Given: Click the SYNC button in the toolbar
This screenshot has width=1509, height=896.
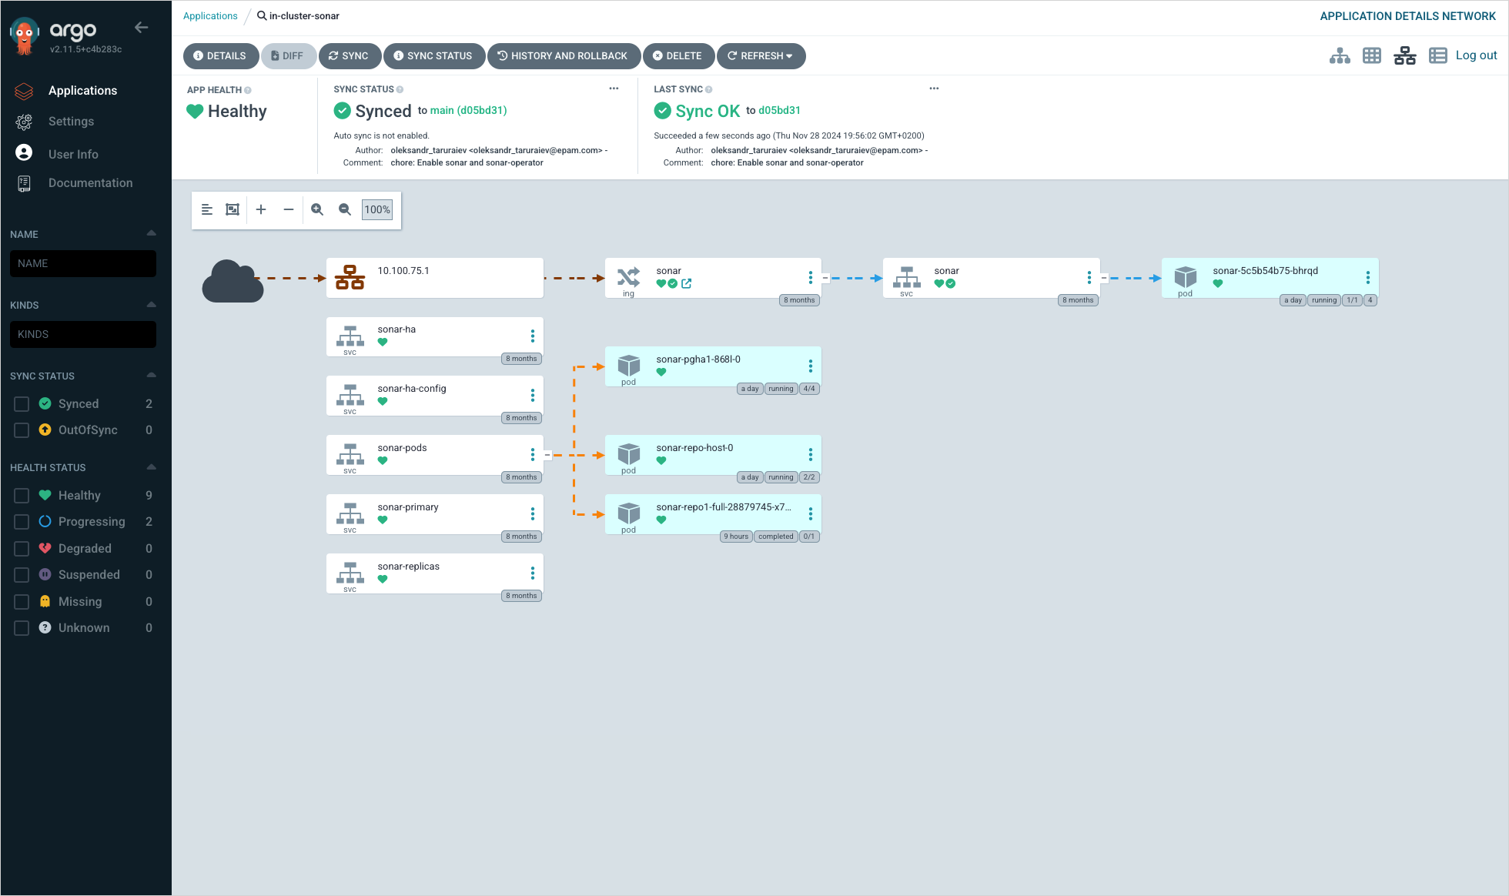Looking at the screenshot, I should coord(349,56).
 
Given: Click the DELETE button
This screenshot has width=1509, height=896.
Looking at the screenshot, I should coord(678,56).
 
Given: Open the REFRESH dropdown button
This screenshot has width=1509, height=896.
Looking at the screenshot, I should coord(760,56).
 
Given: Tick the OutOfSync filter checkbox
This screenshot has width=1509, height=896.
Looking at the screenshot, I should coord(22,430).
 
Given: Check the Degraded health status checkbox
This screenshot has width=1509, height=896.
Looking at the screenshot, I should coord(22,549).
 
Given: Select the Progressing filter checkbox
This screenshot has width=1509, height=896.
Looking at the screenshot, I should coord(22,522).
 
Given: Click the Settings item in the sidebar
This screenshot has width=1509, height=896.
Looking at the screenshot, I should coord(71,122).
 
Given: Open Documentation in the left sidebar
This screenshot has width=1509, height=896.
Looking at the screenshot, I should coord(90,183).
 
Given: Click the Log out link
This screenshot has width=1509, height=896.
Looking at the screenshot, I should coord(1476,55).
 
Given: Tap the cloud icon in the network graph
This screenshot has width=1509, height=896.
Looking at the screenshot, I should coord(232,281).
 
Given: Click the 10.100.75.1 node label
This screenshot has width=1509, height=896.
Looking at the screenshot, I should coord(403,271).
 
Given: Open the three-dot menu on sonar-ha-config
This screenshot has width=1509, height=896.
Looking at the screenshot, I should coord(532,396).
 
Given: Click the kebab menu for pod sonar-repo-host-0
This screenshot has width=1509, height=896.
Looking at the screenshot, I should coord(810,455).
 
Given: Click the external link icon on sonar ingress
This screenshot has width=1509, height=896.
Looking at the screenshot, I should coord(686,284).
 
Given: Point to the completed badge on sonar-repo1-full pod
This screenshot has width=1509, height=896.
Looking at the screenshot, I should coord(775,537).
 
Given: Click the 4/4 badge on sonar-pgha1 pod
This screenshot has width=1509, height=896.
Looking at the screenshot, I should coord(808,389).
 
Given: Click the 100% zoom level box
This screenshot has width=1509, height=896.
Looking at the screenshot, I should coord(376,209).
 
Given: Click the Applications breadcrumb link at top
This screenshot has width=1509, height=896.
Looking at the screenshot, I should coord(210,16).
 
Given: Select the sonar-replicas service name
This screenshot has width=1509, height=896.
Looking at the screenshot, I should coord(408,567).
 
